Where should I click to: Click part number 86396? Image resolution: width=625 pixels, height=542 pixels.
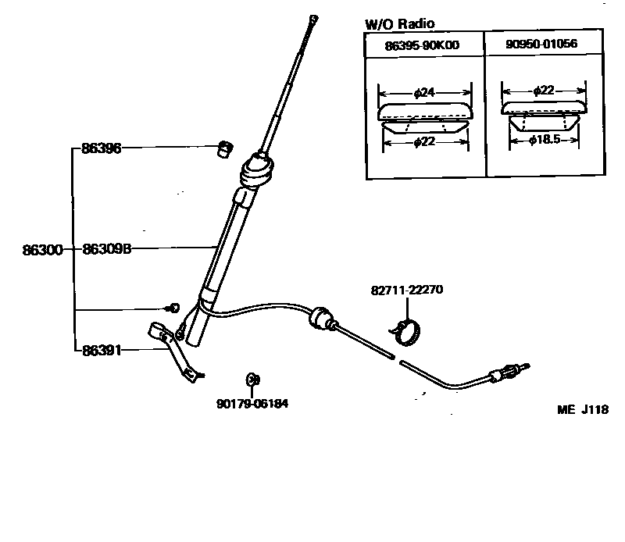101,148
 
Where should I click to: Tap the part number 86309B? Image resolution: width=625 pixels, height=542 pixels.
106,251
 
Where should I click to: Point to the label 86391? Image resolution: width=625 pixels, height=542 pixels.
102,351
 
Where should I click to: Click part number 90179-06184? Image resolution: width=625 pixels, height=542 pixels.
247,404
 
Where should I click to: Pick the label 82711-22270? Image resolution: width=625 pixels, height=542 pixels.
407,290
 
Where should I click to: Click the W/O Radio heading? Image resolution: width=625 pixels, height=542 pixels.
399,24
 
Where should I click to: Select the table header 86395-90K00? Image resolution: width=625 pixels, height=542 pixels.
422,45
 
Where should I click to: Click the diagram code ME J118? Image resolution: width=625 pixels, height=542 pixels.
582,409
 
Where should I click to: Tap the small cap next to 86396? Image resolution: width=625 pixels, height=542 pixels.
225,148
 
